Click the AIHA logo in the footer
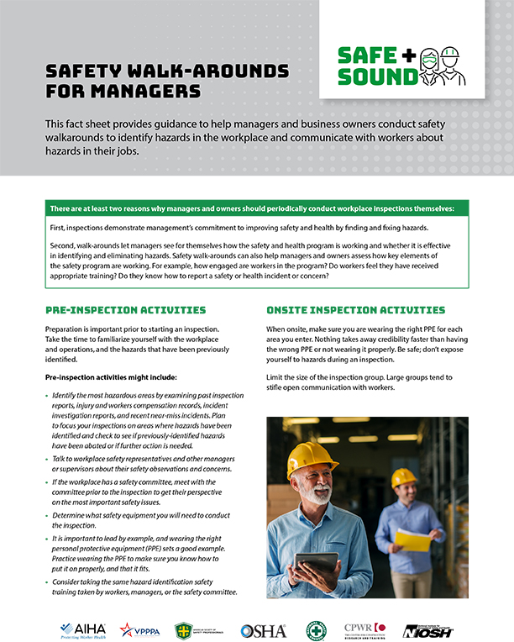(x=82, y=629)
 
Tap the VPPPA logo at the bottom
(x=139, y=629)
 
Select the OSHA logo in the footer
(x=263, y=630)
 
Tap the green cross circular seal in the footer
(x=316, y=630)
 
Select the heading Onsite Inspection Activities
(x=355, y=310)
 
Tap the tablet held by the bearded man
(x=316, y=563)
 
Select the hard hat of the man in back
(x=404, y=477)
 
